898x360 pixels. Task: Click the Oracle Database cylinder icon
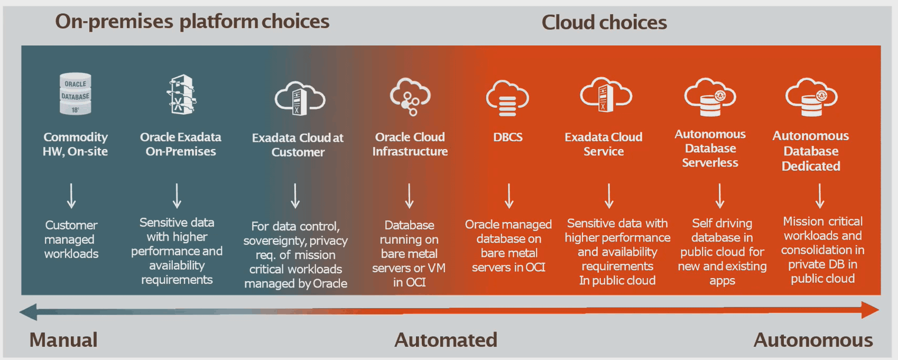(x=75, y=94)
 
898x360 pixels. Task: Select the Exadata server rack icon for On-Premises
(x=181, y=95)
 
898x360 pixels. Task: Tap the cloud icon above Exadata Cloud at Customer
(x=300, y=98)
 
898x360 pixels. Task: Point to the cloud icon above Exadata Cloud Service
(x=606, y=95)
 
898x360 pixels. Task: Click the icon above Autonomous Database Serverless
(x=710, y=97)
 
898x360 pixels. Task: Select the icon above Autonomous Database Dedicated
(x=811, y=97)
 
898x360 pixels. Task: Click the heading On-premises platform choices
(x=192, y=22)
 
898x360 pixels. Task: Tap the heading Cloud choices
(x=604, y=23)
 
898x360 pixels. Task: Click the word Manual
(x=63, y=340)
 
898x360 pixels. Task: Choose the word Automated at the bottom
(x=446, y=340)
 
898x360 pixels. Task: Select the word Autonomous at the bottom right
(x=813, y=340)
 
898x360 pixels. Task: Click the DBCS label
(x=507, y=137)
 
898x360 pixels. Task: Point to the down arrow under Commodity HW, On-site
(x=71, y=196)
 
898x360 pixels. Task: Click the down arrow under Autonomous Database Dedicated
(x=820, y=196)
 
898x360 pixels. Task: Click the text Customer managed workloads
(x=71, y=239)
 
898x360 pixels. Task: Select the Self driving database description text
(x=722, y=252)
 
